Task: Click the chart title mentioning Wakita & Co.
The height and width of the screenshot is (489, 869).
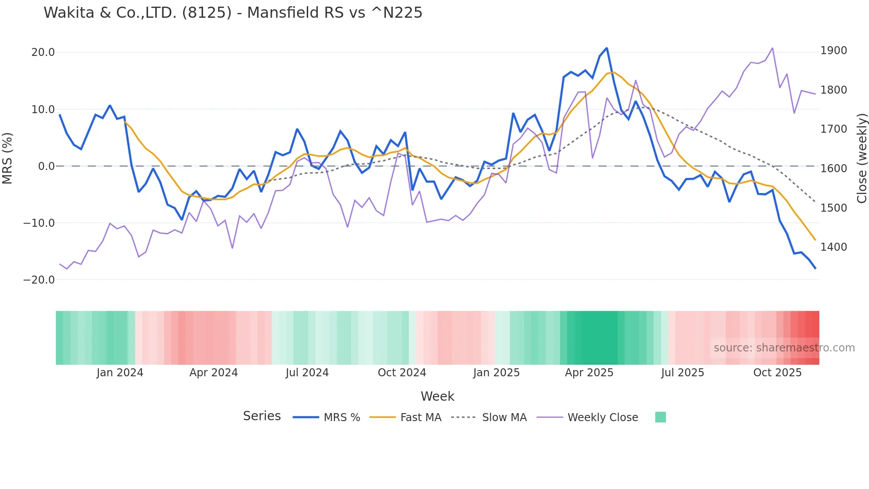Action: point(233,13)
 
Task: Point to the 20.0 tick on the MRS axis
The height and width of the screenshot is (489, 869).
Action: point(43,52)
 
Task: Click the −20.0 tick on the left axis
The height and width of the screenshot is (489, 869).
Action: point(39,280)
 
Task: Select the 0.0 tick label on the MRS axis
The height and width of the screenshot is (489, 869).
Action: point(47,166)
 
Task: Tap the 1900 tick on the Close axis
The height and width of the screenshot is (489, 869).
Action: point(834,51)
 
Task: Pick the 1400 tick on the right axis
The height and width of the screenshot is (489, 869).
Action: point(834,247)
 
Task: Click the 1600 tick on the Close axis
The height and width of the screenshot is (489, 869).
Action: point(834,169)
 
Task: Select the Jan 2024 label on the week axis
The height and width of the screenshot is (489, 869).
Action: point(120,373)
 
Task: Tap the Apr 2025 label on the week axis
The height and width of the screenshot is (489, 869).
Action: point(589,373)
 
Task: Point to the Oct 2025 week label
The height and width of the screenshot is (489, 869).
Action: point(777,373)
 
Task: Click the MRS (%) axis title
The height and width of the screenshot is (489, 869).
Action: point(8,158)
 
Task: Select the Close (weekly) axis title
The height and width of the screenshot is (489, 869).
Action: point(861,158)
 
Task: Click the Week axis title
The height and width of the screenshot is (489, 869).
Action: point(437,396)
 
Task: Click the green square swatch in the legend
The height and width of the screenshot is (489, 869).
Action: point(660,417)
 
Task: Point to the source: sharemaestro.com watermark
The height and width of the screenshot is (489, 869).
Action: point(784,348)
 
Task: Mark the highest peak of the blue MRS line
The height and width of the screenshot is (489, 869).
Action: point(607,48)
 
